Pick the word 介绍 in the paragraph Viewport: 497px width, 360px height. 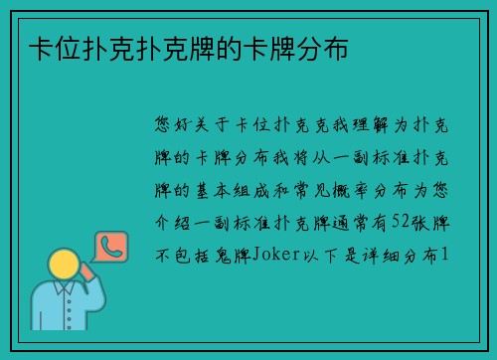coord(168,222)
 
